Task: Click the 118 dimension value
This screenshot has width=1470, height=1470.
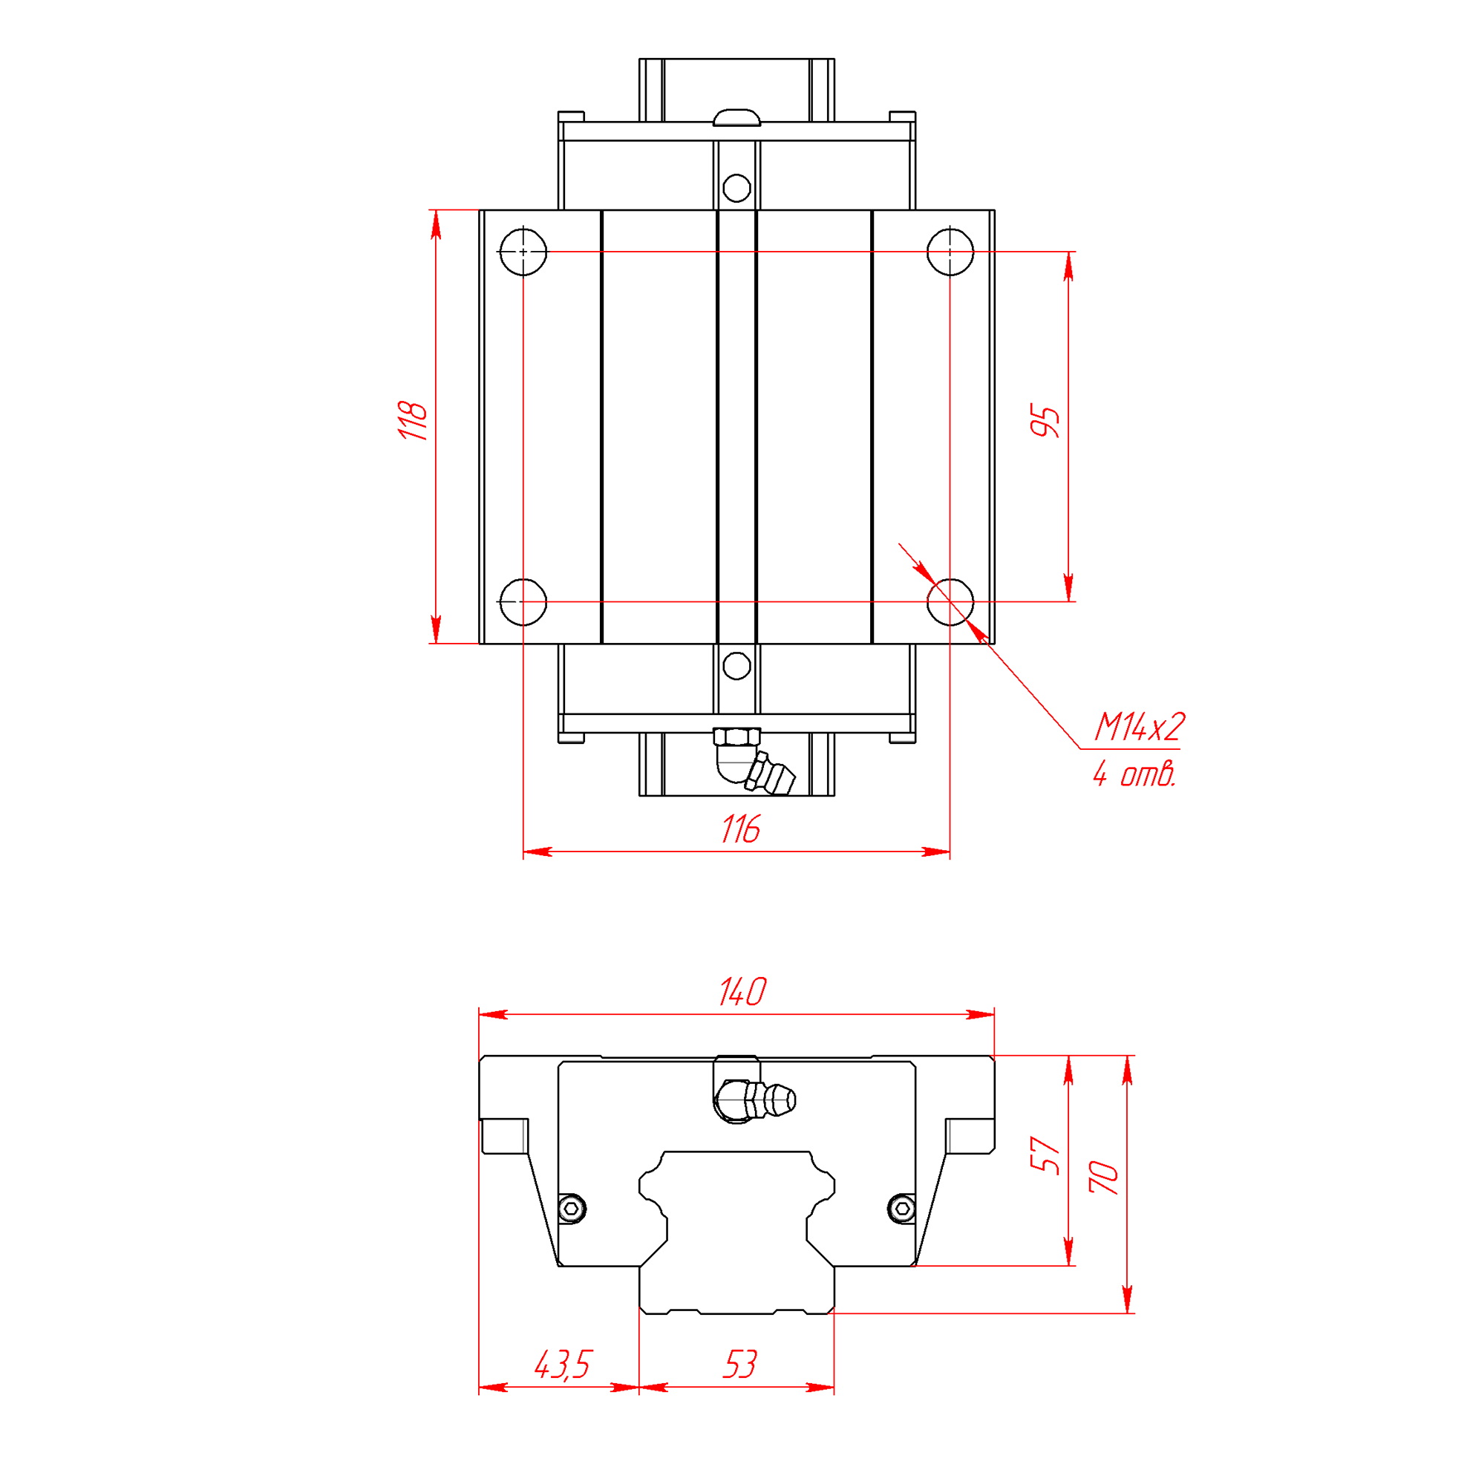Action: (x=413, y=421)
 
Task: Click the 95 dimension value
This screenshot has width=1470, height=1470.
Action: (x=1045, y=422)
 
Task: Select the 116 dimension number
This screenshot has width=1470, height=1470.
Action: (x=740, y=829)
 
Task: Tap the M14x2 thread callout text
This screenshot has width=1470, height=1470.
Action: (x=1139, y=728)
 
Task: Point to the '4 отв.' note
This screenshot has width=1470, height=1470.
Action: (x=1134, y=774)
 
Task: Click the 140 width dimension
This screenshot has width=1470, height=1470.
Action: (x=742, y=992)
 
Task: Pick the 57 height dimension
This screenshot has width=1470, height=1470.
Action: (x=1045, y=1155)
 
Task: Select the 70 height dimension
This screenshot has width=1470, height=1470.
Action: (x=1104, y=1177)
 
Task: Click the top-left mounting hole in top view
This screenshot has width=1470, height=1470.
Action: (x=523, y=251)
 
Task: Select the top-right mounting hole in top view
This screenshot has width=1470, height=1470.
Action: (x=950, y=251)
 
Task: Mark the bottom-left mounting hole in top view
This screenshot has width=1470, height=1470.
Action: (x=523, y=602)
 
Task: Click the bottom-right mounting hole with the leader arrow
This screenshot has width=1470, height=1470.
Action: (x=950, y=602)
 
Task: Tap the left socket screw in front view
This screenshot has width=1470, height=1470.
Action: (x=572, y=1208)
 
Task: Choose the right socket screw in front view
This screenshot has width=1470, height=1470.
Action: (x=902, y=1208)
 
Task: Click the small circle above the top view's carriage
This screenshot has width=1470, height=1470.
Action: (x=736, y=188)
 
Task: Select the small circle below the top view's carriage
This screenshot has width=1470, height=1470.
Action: (x=736, y=666)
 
